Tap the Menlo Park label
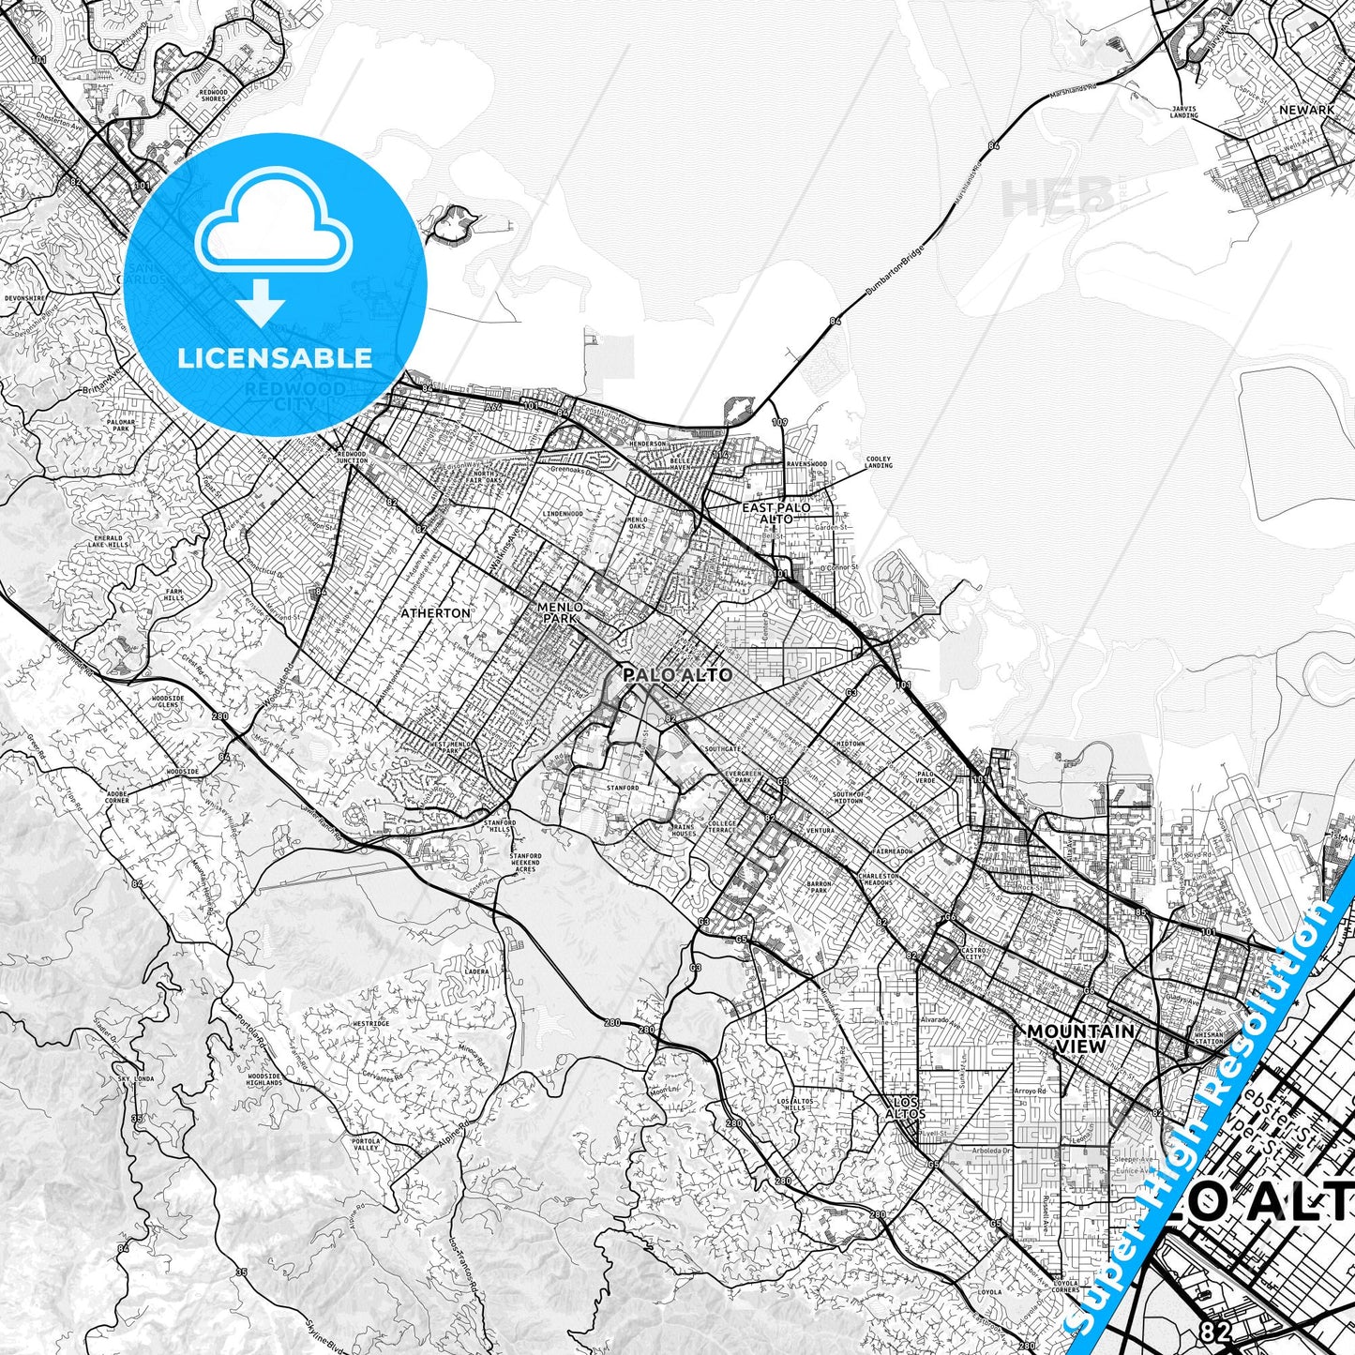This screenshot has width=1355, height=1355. [x=560, y=612]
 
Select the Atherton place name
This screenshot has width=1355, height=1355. [x=435, y=612]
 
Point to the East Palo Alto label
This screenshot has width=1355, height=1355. [x=775, y=512]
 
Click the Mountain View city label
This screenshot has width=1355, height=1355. [x=1081, y=1038]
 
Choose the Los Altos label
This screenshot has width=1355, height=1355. [x=906, y=1107]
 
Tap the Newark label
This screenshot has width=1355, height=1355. [x=1306, y=110]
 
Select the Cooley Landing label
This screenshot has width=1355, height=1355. [x=878, y=462]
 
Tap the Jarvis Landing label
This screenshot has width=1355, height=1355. [x=1184, y=112]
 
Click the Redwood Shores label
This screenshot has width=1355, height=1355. [x=214, y=95]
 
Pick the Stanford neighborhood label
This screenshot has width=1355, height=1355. [x=623, y=788]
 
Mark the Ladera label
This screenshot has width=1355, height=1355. [x=476, y=971]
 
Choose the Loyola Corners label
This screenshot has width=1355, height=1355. [x=1066, y=1287]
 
